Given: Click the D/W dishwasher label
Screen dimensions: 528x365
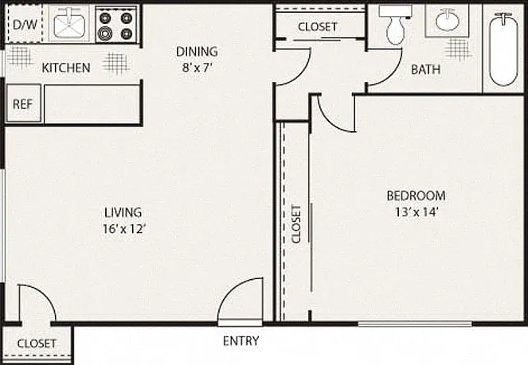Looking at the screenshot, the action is point(25,25).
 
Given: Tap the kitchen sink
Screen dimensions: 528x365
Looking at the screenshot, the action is point(69,22).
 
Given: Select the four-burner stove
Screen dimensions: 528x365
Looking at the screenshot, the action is point(116,25).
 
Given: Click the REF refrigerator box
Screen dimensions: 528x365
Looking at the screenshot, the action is point(24,103).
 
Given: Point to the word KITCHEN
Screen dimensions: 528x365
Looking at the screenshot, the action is point(66,68).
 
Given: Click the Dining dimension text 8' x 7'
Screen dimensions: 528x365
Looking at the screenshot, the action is point(197,68).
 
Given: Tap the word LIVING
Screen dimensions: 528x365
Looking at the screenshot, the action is point(123,212).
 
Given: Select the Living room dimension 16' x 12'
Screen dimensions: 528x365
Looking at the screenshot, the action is point(124,229).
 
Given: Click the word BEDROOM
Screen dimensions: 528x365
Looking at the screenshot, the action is point(416,196).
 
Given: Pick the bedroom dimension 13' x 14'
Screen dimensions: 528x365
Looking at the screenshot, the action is point(417,212).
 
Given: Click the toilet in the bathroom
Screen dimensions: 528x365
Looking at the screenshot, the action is point(396,25).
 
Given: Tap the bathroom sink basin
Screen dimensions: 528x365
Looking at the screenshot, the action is point(448,20).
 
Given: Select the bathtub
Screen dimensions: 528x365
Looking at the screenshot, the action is point(503,49).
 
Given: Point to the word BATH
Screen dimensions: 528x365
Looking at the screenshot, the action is point(425,69).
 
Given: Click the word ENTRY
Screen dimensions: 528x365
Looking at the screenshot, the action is point(241,341).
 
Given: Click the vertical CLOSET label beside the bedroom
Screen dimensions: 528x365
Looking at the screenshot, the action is point(296,224).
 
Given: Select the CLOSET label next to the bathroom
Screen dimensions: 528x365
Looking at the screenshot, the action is point(318,27).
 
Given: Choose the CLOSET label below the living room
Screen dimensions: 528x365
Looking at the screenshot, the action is point(37,344).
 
